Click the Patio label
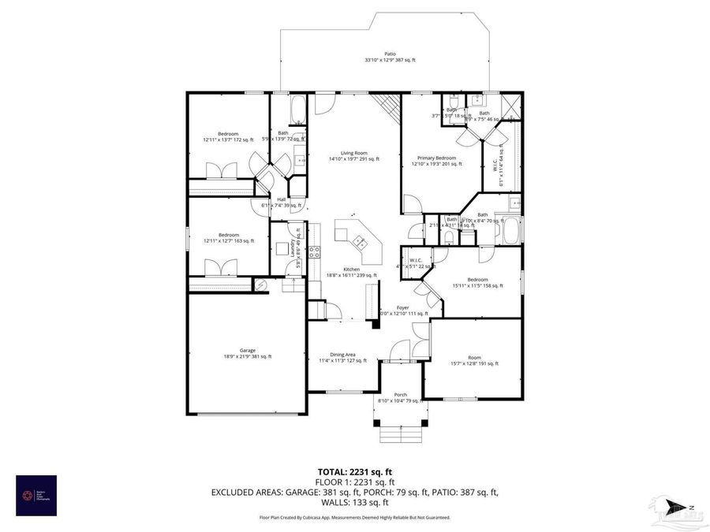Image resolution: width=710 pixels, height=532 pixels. coord(390,54)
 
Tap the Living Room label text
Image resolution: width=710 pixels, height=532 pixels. coord(354,153)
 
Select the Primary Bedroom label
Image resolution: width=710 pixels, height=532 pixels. coord(436,158)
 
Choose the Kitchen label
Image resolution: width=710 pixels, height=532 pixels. coord(352,270)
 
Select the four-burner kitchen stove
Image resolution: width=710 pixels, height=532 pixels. coord(314,253)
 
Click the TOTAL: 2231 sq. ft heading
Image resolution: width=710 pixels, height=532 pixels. coord(354,471)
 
